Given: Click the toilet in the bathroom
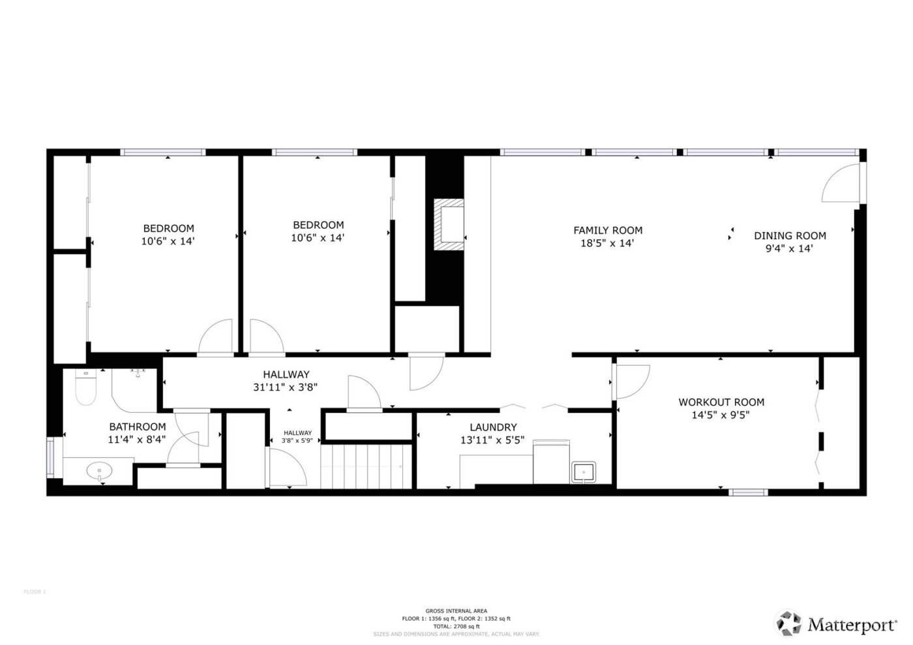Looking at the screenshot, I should pos(85,389).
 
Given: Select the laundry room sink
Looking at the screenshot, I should pos(583,472).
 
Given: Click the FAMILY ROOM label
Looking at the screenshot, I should pos(608,230).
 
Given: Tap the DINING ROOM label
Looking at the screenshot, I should pos(790,235).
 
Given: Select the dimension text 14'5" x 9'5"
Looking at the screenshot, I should pos(721,415).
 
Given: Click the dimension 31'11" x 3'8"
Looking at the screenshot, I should pos(286,387).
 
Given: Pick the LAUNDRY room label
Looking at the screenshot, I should pos(493,427).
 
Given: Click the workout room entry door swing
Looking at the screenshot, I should pos(632,380).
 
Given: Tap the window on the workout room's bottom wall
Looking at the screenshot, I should pos(748,492).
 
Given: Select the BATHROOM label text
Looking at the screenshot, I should pos(137,427).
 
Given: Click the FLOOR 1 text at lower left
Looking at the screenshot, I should pos(35,592).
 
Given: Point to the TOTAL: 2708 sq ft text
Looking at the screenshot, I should pos(456,626).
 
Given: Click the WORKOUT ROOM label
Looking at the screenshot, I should pos(721,402).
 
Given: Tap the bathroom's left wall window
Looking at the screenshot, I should pos(50,455).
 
